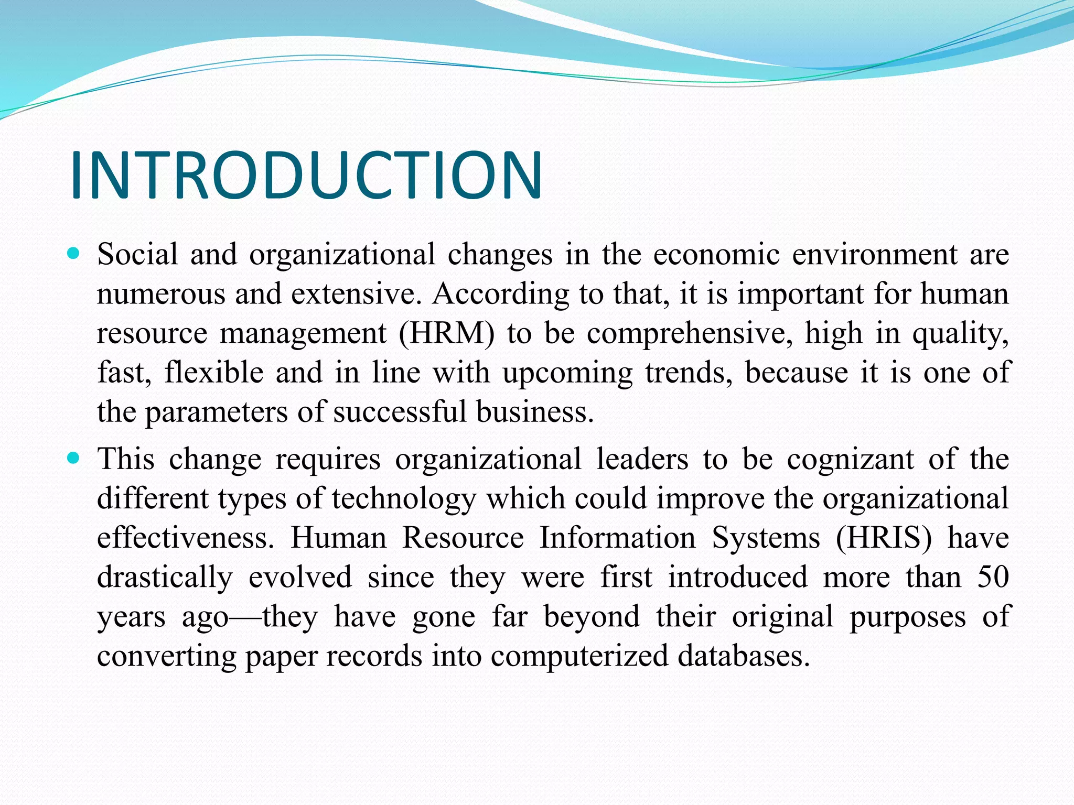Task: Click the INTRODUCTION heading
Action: click(x=306, y=175)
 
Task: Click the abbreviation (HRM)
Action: click(x=446, y=334)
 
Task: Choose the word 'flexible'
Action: click(x=214, y=373)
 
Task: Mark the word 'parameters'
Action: click(x=216, y=412)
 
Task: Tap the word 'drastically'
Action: click(x=165, y=578)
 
